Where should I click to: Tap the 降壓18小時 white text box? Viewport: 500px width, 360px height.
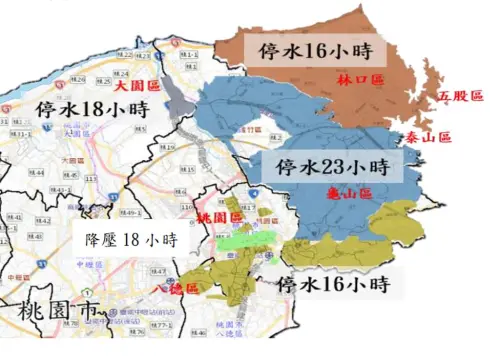(x=130, y=241)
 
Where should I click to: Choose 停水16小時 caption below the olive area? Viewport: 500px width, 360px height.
(x=332, y=284)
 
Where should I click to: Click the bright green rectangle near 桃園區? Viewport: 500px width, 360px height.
(x=244, y=240)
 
